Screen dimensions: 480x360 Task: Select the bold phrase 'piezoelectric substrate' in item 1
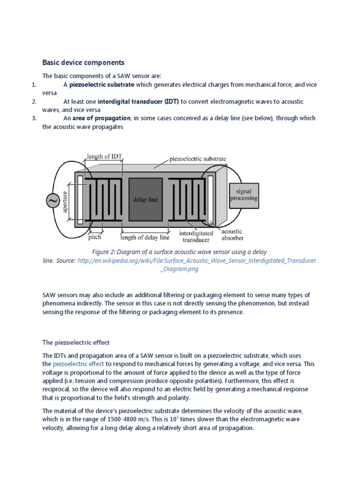pyautogui.click(x=102, y=85)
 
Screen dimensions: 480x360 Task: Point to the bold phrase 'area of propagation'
pyautogui.click(x=102, y=118)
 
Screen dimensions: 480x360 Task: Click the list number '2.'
pyautogui.click(x=34, y=101)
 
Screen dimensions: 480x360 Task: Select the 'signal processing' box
pyautogui.click(x=243, y=195)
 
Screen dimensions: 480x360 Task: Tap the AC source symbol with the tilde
pyautogui.click(x=52, y=201)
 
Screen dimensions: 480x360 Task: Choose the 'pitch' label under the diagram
pyautogui.click(x=95, y=237)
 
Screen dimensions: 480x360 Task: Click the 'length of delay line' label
pyautogui.click(x=144, y=237)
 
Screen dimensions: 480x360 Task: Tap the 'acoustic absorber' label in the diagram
pyautogui.click(x=232, y=234)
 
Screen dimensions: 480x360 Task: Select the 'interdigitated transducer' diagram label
pyautogui.click(x=196, y=236)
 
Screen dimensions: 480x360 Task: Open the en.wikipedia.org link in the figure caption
pyautogui.click(x=196, y=260)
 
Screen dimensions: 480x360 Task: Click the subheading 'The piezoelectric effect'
pyautogui.click(x=76, y=342)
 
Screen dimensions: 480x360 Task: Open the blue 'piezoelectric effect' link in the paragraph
pyautogui.click(x=78, y=364)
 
